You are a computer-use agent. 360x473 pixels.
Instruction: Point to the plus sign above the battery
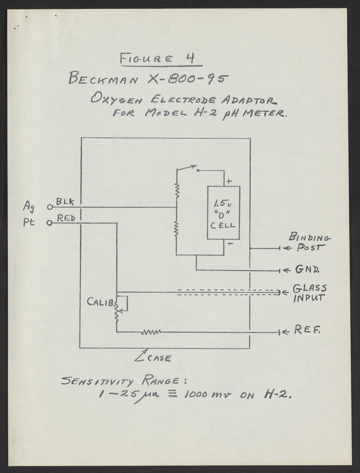[229, 181]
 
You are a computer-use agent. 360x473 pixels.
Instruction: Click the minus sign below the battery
[230, 244]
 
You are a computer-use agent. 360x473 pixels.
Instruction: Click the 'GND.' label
[307, 270]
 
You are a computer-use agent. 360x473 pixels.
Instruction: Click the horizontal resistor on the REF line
[151, 332]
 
